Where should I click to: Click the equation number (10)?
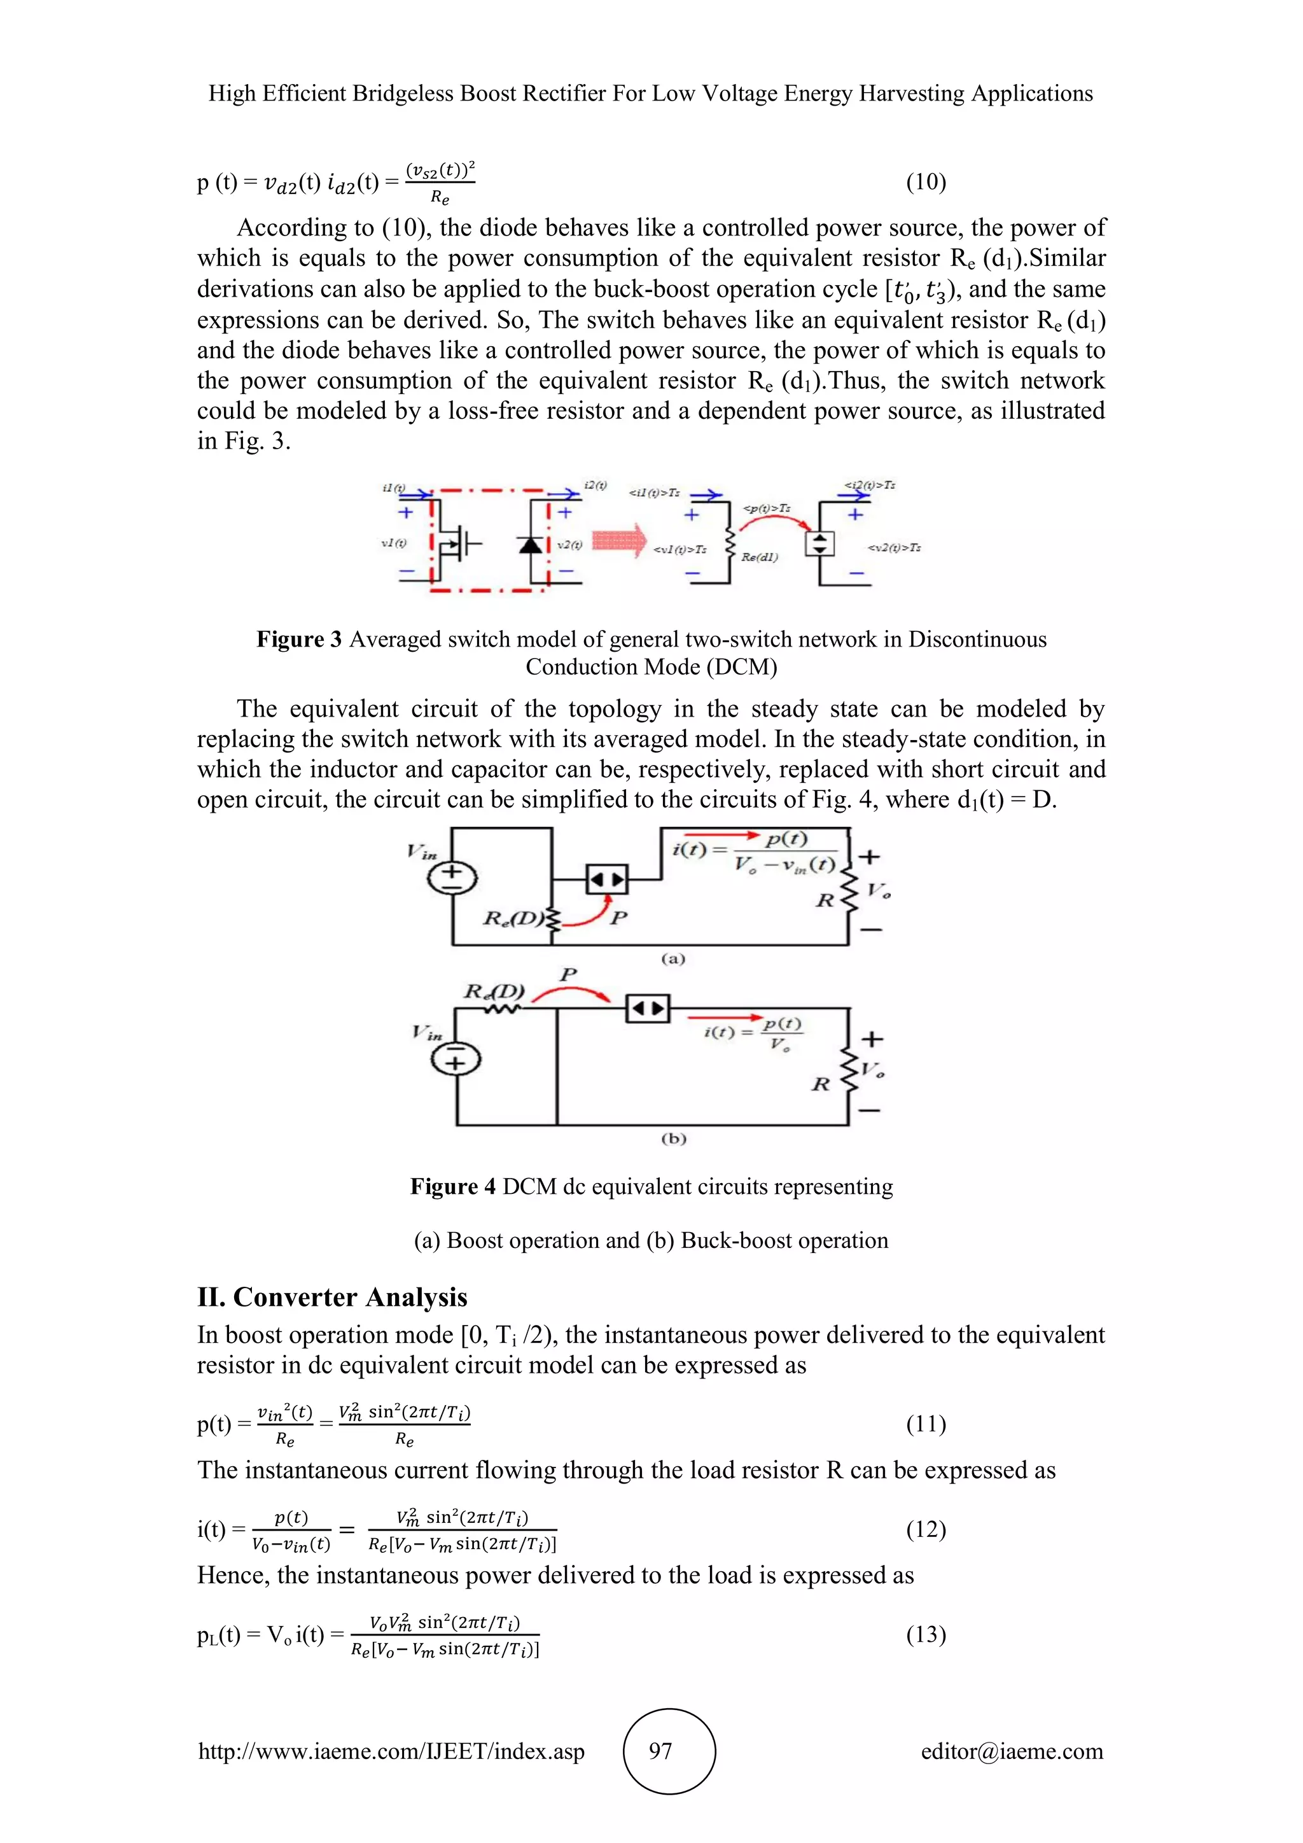[x=926, y=182]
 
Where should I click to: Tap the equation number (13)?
[x=926, y=1634]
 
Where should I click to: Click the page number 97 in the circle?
[x=660, y=1751]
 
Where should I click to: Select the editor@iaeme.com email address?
[x=1012, y=1751]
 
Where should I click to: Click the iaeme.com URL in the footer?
[x=391, y=1751]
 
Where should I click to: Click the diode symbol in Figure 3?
[x=531, y=545]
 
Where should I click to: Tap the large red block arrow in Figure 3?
[x=618, y=540]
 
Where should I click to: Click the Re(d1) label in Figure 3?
[x=759, y=556]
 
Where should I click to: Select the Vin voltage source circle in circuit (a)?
[x=452, y=878]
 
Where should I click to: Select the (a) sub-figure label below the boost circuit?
[x=672, y=958]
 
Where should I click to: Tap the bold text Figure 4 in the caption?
[x=452, y=1186]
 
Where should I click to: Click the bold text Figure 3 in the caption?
[x=298, y=639]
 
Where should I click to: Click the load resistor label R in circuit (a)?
[x=824, y=900]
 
